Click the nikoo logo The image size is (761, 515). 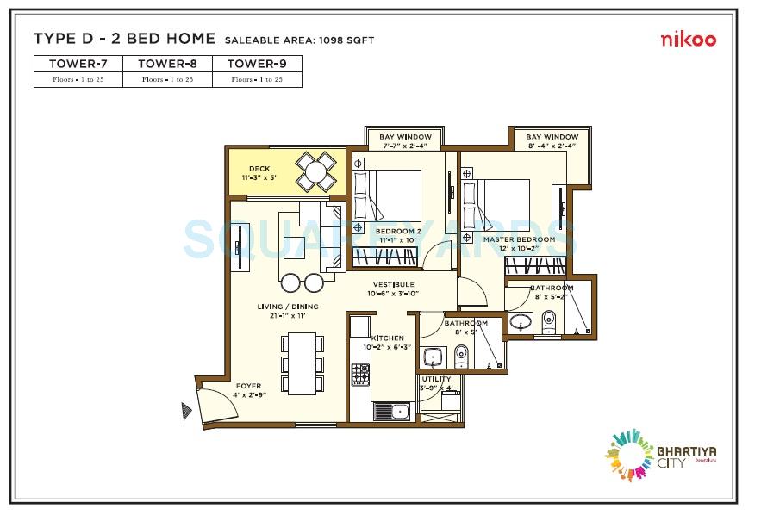pyautogui.click(x=688, y=39)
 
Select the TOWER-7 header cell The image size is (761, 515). pyautogui.click(x=78, y=64)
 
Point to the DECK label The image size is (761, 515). pyautogui.click(x=259, y=169)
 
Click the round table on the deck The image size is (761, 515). pyautogui.click(x=316, y=171)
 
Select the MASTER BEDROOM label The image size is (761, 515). pyautogui.click(x=518, y=239)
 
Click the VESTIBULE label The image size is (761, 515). pyautogui.click(x=393, y=284)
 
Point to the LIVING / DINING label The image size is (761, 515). pyautogui.click(x=287, y=307)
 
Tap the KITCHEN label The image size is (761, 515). pyautogui.click(x=386, y=338)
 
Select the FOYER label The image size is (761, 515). pyautogui.click(x=247, y=386)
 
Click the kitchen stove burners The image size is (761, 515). pyautogui.click(x=360, y=374)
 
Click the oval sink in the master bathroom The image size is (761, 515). pyautogui.click(x=520, y=322)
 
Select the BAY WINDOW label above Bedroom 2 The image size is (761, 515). pyautogui.click(x=399, y=137)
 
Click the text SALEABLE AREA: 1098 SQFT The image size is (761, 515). pyautogui.click(x=298, y=40)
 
